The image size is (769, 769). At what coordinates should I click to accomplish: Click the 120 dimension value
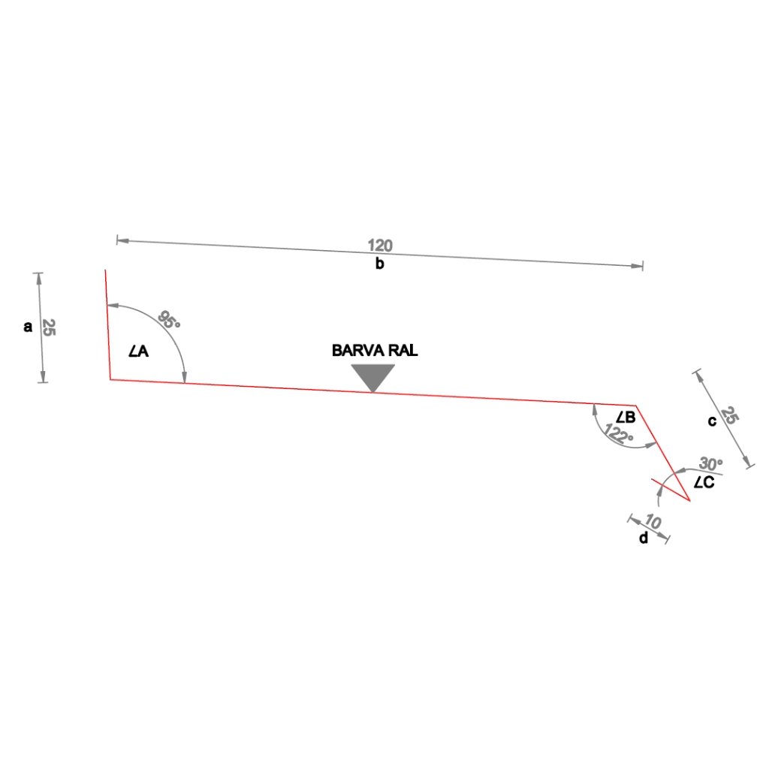click(x=380, y=246)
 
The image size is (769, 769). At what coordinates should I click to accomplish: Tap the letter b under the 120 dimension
click(x=380, y=264)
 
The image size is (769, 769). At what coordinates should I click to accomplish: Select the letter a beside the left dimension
click(x=28, y=327)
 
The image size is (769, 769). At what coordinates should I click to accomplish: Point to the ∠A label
click(x=138, y=351)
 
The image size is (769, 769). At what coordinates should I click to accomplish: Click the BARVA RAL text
click(x=375, y=350)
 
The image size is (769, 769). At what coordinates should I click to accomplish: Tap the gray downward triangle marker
click(x=373, y=376)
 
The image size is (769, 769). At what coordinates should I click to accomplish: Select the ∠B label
click(x=626, y=418)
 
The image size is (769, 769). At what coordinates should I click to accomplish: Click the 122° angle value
click(x=620, y=436)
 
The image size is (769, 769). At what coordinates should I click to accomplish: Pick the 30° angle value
click(x=710, y=463)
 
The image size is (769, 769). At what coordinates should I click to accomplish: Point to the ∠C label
click(x=704, y=483)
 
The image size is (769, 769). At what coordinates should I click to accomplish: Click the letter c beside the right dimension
click(x=712, y=421)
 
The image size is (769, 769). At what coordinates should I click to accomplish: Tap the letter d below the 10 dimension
click(x=643, y=538)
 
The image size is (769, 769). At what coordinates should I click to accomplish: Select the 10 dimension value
click(x=653, y=522)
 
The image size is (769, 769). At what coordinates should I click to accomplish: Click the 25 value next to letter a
click(x=49, y=327)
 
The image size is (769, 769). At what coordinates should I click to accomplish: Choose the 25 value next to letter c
click(x=729, y=416)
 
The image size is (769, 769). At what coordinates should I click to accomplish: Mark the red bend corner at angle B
click(x=636, y=406)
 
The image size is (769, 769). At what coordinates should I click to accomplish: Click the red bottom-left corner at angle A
click(x=111, y=379)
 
